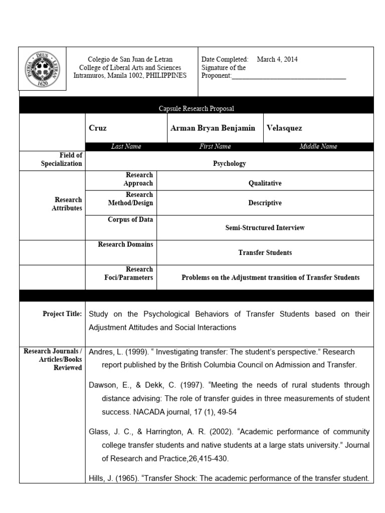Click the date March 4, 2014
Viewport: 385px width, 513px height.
pyautogui.click(x=277, y=59)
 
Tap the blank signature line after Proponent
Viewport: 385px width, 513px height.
pyautogui.click(x=289, y=76)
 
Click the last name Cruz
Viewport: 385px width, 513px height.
pyautogui.click(x=97, y=128)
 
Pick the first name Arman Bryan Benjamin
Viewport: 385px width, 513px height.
pyautogui.click(x=213, y=128)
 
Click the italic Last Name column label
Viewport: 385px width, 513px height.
pyautogui.click(x=126, y=146)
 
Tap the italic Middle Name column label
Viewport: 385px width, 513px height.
pyautogui.click(x=318, y=146)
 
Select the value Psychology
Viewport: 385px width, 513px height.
pyautogui.click(x=229, y=163)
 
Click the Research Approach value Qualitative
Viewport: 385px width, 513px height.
pyautogui.click(x=265, y=183)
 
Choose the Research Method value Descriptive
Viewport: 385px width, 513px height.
pyautogui.click(x=265, y=203)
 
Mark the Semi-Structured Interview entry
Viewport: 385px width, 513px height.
pyautogui.click(x=265, y=227)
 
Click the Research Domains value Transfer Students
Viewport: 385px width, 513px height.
pyautogui.click(x=265, y=252)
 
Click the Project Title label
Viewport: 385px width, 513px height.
pyautogui.click(x=62, y=314)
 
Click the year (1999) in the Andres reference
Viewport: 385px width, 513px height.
pyautogui.click(x=128, y=352)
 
